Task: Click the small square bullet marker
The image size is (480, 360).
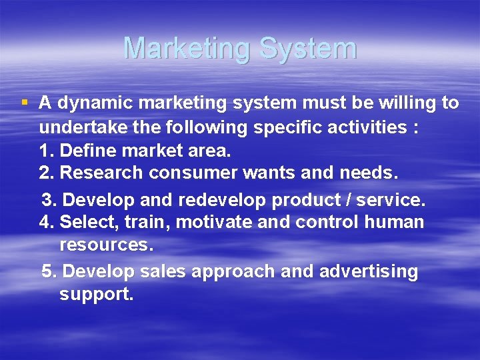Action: click(x=25, y=103)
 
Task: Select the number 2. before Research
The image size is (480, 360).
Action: click(x=47, y=173)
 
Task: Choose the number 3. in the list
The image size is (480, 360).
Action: click(x=50, y=200)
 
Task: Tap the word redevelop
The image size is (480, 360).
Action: click(x=225, y=200)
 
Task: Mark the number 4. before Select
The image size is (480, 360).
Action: click(x=47, y=222)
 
